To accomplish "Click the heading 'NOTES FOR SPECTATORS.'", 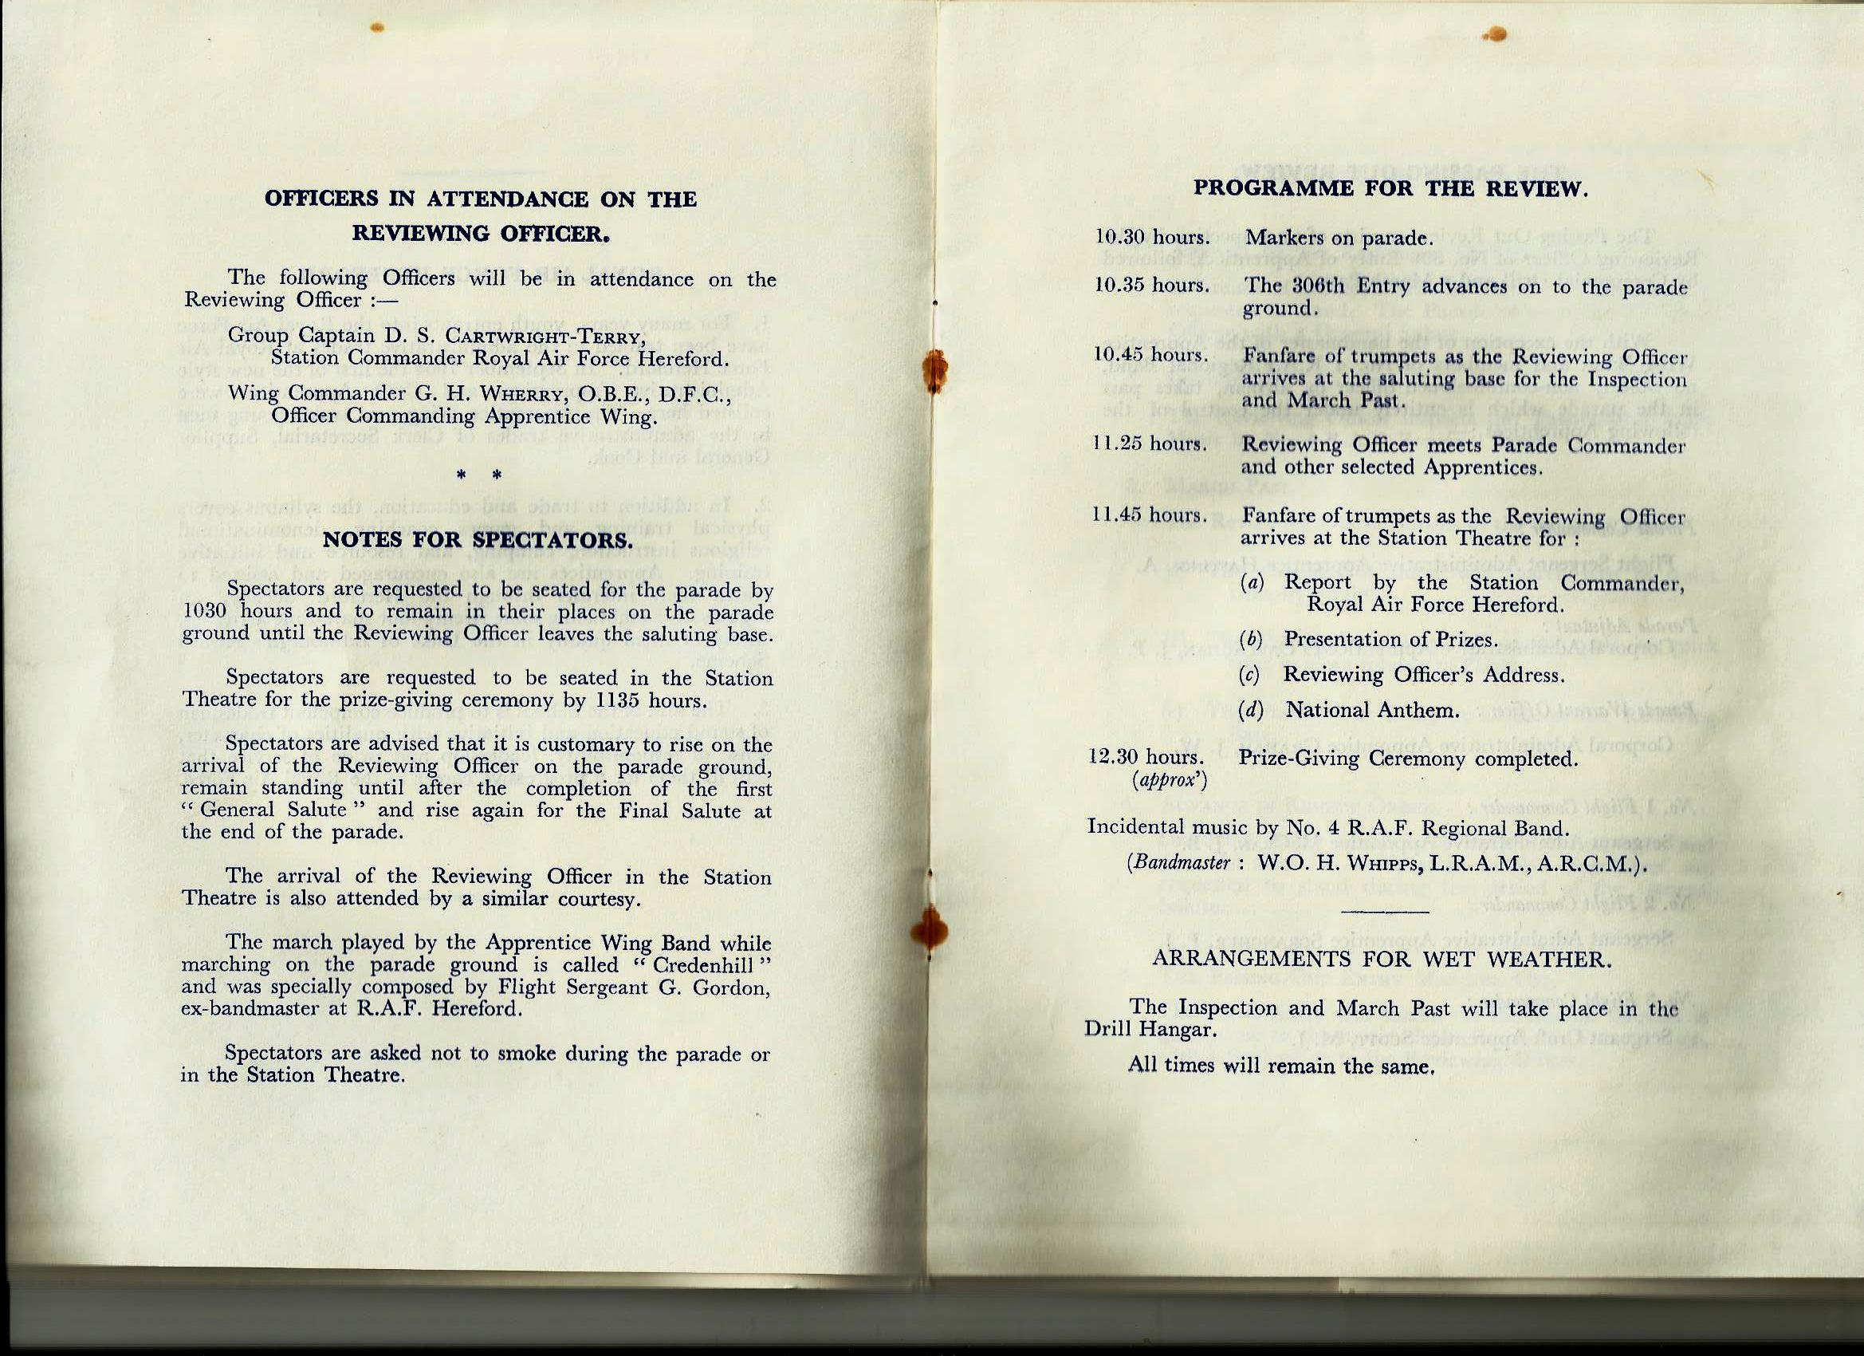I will [478, 540].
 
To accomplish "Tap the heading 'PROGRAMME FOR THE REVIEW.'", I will [1390, 188].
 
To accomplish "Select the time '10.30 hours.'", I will [1152, 238].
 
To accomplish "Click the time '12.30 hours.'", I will [1146, 755].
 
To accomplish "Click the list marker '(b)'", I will [1251, 640].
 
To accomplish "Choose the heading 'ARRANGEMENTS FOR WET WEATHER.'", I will [1382, 960].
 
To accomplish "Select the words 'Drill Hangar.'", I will [1150, 1029].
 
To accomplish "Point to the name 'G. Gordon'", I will [714, 987].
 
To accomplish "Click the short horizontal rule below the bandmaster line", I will [1384, 911].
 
